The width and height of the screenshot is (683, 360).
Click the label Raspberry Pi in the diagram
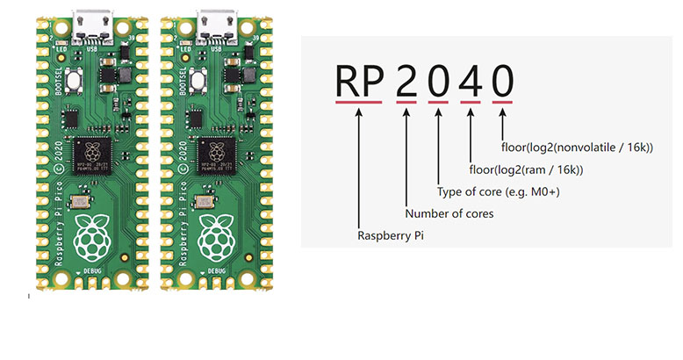point(392,235)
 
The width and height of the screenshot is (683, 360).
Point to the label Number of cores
point(449,212)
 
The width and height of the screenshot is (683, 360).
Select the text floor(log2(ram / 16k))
point(527,169)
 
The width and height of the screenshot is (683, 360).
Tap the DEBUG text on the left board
point(92,273)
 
